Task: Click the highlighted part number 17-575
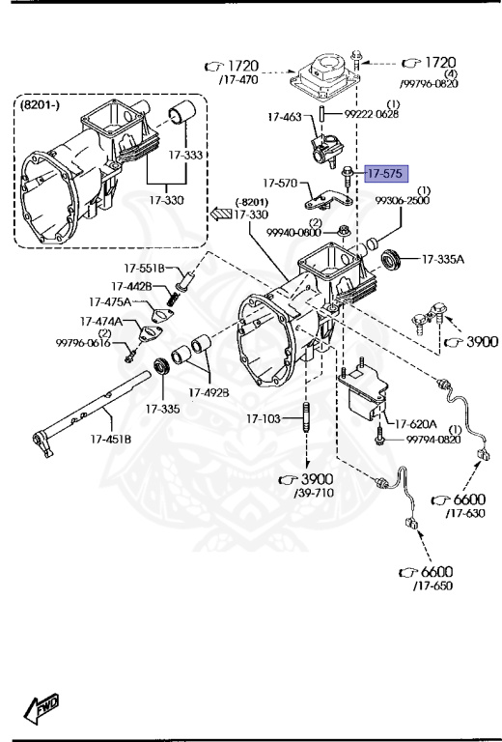385,174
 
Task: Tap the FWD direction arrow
42,708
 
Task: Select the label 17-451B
111,440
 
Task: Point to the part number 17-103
263,418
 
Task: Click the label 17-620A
415,424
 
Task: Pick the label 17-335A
443,259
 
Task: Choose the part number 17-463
285,116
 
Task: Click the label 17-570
280,183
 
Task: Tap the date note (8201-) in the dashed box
40,104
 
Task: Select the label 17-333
185,155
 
